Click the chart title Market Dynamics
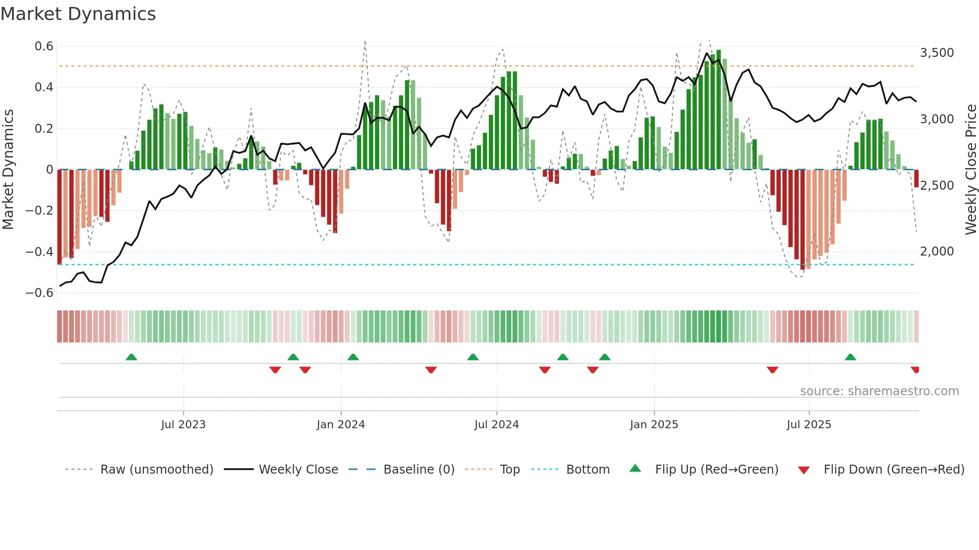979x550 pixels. [x=78, y=14]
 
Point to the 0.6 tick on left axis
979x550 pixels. [x=44, y=46]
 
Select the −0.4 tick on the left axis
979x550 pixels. [x=39, y=252]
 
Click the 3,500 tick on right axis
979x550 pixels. [x=937, y=53]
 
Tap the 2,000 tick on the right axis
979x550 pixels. [x=937, y=252]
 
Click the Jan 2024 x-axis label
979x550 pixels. [x=341, y=425]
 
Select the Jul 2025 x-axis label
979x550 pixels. [x=809, y=425]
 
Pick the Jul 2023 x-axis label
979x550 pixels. [x=183, y=425]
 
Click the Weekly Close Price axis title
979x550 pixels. [x=971, y=169]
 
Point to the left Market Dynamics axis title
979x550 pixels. [x=8, y=169]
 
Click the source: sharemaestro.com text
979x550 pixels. [x=879, y=391]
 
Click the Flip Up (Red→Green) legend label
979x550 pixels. [x=716, y=470]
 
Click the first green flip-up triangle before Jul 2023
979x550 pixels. [x=131, y=357]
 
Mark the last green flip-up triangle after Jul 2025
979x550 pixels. [x=850, y=357]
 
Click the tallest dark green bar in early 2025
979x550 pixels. [x=718, y=110]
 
